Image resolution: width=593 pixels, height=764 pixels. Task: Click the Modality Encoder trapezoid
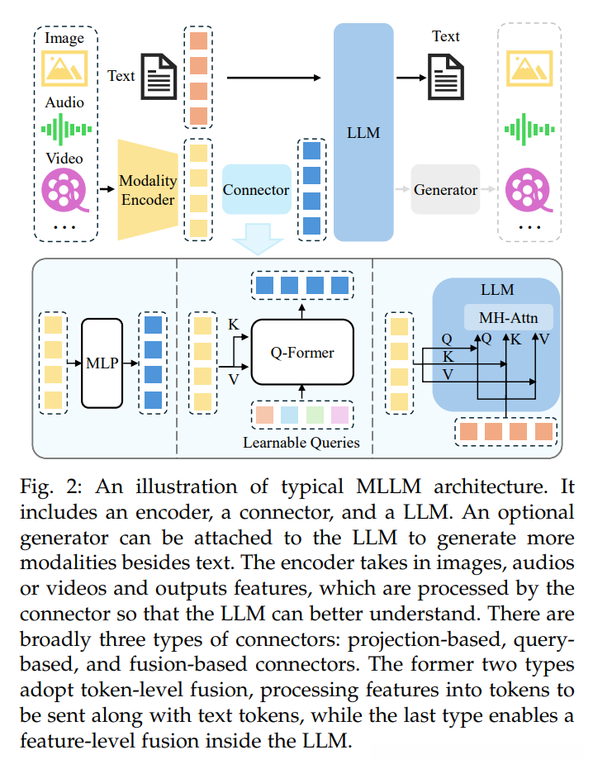click(148, 190)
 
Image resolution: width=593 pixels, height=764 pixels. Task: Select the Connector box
click(256, 190)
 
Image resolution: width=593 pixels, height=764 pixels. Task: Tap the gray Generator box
click(445, 190)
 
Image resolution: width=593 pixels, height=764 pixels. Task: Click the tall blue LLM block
click(363, 132)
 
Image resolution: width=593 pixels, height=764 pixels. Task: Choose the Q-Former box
click(302, 353)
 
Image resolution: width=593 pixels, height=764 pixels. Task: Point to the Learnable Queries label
click(301, 443)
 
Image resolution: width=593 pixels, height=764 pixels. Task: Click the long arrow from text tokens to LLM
click(273, 78)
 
